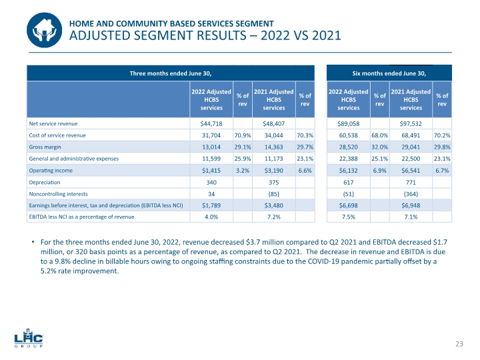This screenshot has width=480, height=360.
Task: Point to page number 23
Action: tap(459, 343)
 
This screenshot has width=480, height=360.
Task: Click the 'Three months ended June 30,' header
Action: tap(170, 72)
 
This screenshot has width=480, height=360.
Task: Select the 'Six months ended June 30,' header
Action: tap(388, 72)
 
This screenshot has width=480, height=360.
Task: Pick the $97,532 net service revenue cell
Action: tap(411, 123)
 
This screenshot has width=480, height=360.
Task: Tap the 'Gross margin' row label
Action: tap(44, 147)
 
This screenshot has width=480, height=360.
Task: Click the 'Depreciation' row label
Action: tap(45, 181)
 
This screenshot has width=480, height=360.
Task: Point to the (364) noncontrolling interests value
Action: tap(411, 193)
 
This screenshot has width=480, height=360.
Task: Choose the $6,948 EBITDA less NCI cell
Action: tap(411, 205)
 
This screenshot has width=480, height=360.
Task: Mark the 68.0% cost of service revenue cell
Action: tap(380, 135)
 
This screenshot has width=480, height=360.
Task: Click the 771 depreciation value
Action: tap(411, 181)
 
